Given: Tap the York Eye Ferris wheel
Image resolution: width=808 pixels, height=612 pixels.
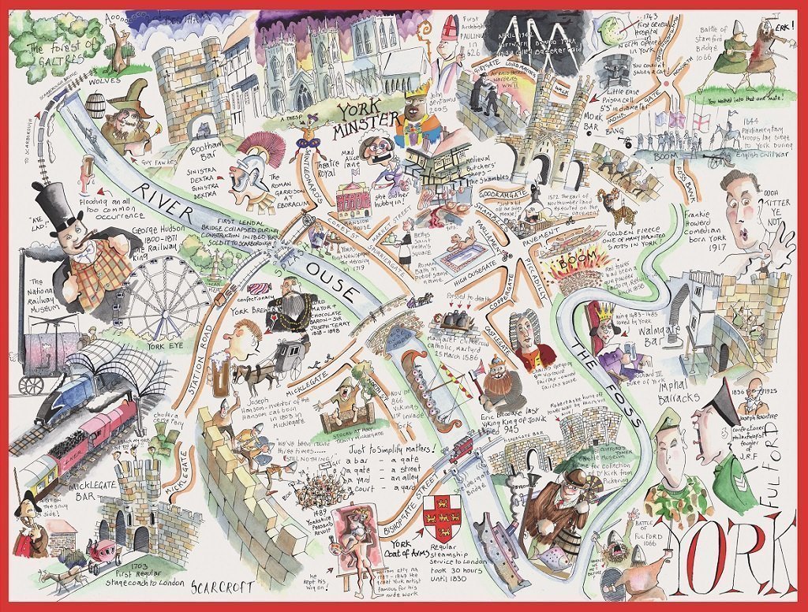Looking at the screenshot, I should pos(169,298).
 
